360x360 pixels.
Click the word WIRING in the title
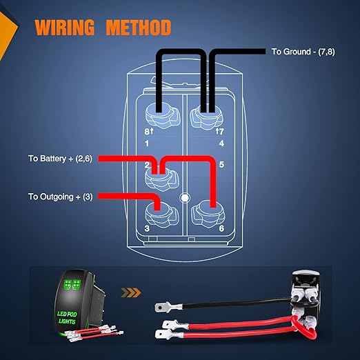click(x=64, y=28)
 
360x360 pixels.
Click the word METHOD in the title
click(x=139, y=28)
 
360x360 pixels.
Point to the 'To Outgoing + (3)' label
click(x=61, y=197)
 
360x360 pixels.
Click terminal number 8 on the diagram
click(x=147, y=132)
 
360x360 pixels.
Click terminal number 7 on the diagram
click(x=221, y=132)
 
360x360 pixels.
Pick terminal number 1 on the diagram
click(x=147, y=143)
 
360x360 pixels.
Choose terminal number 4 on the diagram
click(x=221, y=143)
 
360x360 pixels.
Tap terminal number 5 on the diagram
click(x=221, y=164)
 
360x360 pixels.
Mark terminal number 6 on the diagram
click(x=221, y=228)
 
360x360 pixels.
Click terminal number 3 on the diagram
click(x=147, y=228)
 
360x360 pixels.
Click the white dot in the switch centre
click(x=185, y=197)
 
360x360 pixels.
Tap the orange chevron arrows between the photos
click(x=131, y=292)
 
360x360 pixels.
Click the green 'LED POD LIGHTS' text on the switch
click(x=67, y=317)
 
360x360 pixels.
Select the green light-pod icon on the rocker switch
click(x=72, y=284)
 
